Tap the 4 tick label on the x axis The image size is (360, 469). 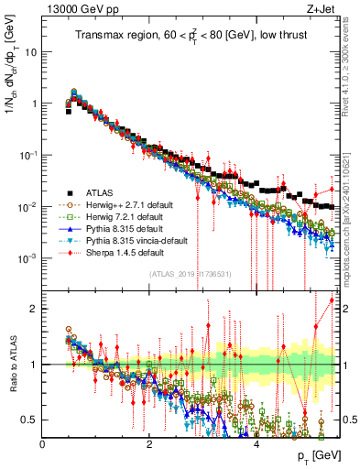[x=256, y=443]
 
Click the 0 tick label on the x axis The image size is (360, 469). [x=43, y=443]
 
